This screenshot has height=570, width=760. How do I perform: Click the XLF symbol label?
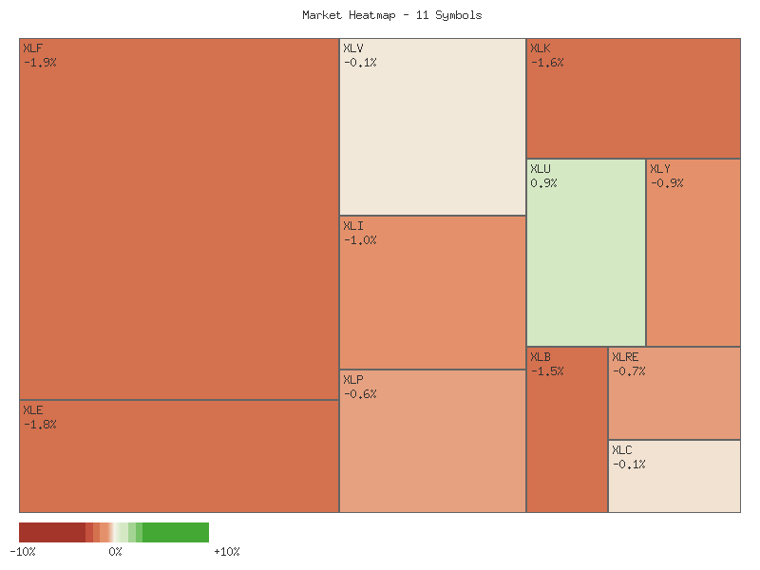[32, 48]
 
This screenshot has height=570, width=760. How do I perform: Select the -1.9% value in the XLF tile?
[40, 63]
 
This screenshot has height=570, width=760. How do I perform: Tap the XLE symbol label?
[32, 410]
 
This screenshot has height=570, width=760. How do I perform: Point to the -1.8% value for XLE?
[40, 425]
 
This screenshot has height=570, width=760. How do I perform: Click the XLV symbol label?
[353, 48]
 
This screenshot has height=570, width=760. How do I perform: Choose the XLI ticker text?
[353, 226]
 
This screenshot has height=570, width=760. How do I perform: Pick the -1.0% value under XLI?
[360, 240]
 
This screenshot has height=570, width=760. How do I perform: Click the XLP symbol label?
[353, 380]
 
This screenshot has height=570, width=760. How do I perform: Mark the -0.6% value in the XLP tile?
[360, 394]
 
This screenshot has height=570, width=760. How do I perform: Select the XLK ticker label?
[541, 48]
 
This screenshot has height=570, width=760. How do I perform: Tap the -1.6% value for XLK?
[547, 63]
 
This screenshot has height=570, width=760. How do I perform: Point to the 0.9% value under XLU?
[544, 183]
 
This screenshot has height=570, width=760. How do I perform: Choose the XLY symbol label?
[660, 169]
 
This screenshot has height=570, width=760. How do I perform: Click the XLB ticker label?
[541, 357]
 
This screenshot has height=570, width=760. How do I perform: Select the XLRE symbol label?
[625, 357]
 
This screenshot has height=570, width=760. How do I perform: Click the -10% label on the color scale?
[23, 552]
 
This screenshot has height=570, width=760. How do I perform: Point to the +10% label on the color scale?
[227, 552]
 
